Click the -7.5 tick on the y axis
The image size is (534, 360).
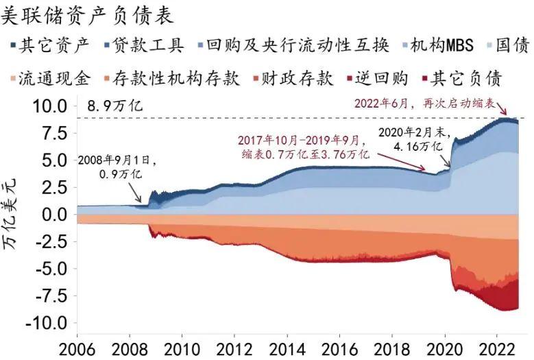click(49, 295)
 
